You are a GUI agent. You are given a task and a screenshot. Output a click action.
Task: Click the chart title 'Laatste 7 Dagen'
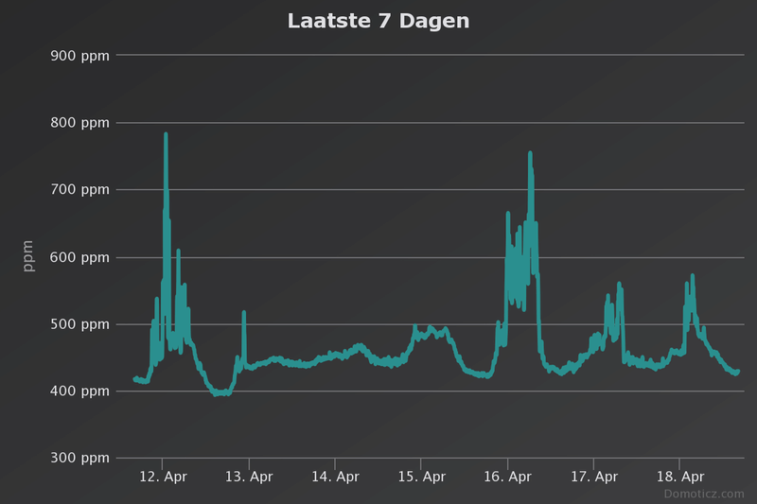point(378,21)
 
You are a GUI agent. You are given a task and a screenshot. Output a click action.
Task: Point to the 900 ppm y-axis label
point(79,55)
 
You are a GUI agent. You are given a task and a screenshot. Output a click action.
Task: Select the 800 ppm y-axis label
point(79,122)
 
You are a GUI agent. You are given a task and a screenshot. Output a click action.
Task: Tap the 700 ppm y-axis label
point(79,189)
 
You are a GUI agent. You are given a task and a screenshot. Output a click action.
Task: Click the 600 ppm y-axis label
point(79,257)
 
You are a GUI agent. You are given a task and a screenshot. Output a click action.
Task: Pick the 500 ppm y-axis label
point(79,324)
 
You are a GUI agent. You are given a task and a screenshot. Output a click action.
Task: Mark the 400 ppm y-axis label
point(79,391)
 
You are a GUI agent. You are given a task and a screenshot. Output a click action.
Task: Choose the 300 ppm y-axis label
point(79,459)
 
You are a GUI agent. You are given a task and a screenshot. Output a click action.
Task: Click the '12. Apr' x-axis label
point(163,478)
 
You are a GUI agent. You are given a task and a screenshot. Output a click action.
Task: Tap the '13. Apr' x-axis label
point(249,478)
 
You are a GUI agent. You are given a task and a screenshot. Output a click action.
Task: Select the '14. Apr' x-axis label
point(335,478)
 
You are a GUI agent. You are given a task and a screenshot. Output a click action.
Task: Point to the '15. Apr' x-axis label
point(421,478)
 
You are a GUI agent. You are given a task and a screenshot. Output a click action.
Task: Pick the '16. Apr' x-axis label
point(507,478)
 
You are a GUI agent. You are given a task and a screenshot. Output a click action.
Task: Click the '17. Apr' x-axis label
point(593,478)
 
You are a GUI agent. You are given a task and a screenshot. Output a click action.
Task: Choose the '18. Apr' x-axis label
point(679,478)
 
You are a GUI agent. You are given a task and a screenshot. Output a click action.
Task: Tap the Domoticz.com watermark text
point(703,494)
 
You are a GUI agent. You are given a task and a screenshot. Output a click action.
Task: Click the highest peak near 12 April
point(166,134)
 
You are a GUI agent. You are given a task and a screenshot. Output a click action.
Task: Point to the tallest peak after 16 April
point(530,153)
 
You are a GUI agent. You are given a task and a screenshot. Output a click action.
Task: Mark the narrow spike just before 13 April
point(243,312)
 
